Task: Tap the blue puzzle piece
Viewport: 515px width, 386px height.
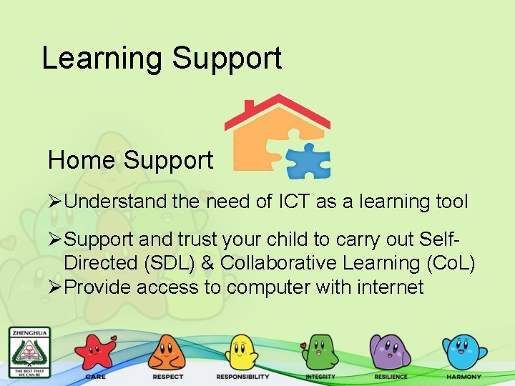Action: (308, 161)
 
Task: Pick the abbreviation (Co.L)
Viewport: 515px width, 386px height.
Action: (450, 263)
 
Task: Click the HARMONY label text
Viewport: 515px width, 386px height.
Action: (463, 377)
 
